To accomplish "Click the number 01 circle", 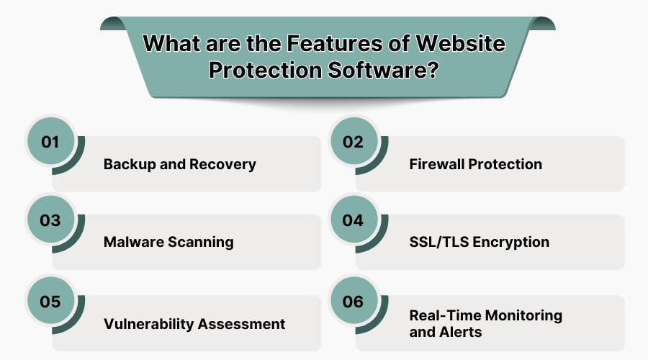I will pyautogui.click(x=50, y=142).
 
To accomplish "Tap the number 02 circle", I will pyautogui.click(x=353, y=142).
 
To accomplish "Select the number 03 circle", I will pyautogui.click(x=50, y=220).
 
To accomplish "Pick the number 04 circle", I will pyautogui.click(x=353, y=220).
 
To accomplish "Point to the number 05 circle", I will pyautogui.click(x=50, y=302).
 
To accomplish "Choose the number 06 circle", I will pyautogui.click(x=353, y=302).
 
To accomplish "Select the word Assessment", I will pyautogui.click(x=243, y=324).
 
